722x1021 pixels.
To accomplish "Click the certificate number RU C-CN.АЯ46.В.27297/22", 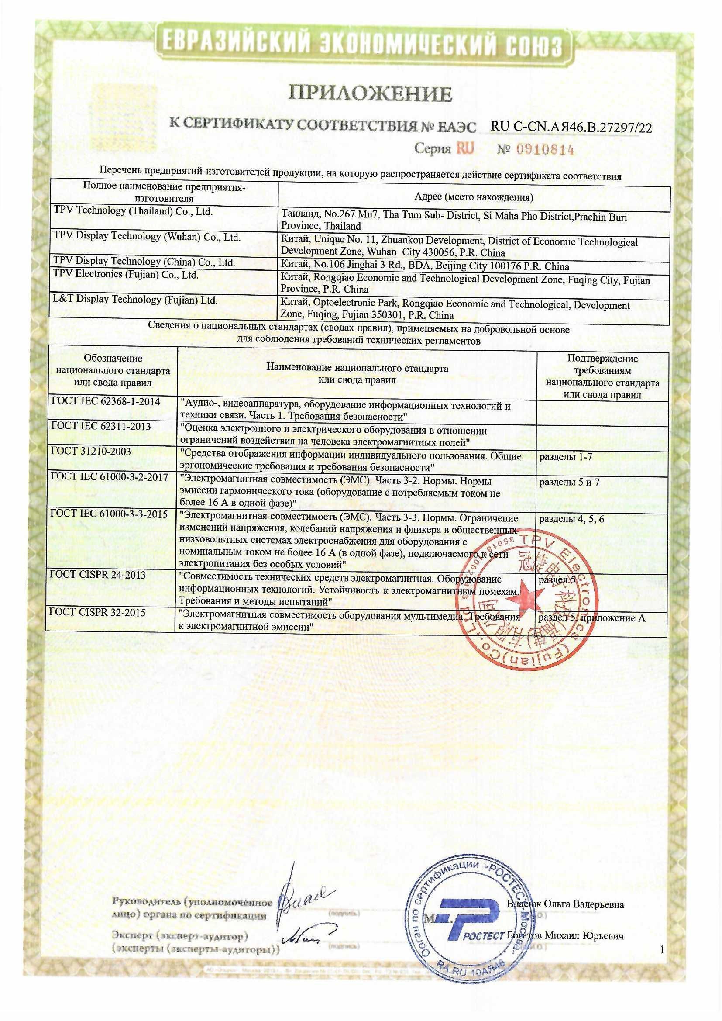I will click(x=571, y=127).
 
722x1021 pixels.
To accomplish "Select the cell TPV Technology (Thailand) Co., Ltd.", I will click(x=134, y=212).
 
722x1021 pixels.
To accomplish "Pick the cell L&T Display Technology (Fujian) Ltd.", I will click(x=135, y=300).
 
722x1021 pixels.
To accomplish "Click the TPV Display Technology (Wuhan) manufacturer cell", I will click(x=147, y=237).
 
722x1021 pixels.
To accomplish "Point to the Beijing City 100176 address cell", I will click(x=425, y=267).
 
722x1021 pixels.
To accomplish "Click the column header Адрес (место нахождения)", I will click(x=474, y=197).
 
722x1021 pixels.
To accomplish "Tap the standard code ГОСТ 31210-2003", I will click(x=91, y=452).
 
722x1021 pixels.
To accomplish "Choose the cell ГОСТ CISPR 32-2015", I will click(x=98, y=612).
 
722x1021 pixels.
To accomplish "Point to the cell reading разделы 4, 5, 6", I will click(x=571, y=519).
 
